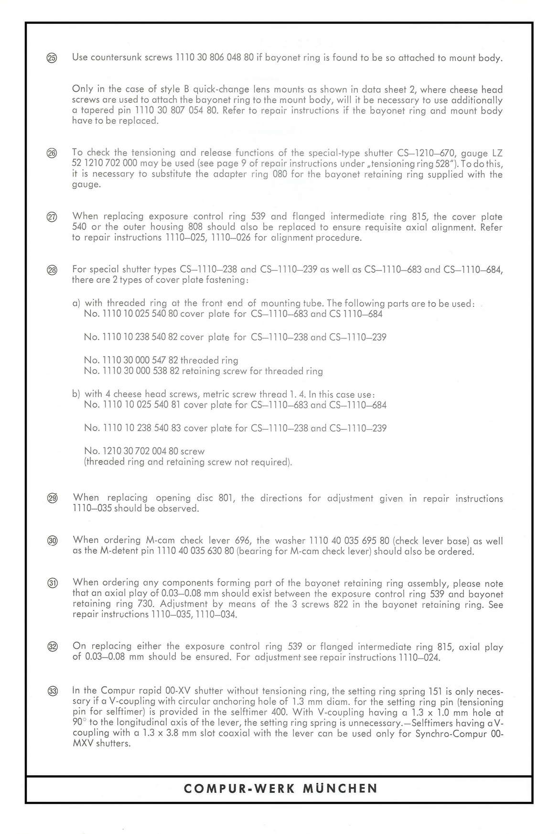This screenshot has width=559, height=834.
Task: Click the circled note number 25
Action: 52,59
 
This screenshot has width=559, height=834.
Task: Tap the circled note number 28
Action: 52,270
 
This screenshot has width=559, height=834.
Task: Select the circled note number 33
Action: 53,691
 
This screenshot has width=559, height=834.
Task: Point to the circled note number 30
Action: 52,541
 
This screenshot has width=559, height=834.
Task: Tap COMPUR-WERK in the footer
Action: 239,789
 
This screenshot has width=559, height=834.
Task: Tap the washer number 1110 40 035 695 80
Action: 350,541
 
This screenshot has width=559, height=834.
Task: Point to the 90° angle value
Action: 79,722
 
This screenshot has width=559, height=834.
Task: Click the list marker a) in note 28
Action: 76,303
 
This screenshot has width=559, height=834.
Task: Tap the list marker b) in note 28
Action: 76,394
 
